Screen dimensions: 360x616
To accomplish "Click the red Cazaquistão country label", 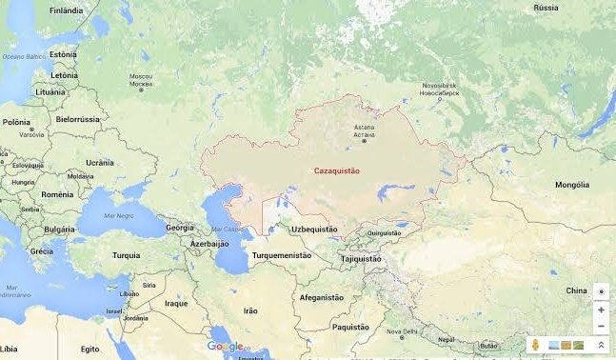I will pos(336,170).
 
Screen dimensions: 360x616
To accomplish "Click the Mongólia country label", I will pos(572,184).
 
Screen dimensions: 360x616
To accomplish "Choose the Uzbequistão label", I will pos(314,230).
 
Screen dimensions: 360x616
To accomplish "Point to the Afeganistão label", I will pos(321,297).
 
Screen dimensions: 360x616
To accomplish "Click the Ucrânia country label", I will pos(100,163).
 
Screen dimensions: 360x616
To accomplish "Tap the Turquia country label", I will pos(126,255).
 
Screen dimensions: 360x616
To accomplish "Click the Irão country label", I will pos(250,310).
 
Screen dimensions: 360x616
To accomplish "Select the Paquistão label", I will pos(349,327).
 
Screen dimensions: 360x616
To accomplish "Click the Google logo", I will pos(226,347).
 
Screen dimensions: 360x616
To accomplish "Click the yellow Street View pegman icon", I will pos(537,345).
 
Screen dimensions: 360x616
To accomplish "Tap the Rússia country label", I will pos(546,8).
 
